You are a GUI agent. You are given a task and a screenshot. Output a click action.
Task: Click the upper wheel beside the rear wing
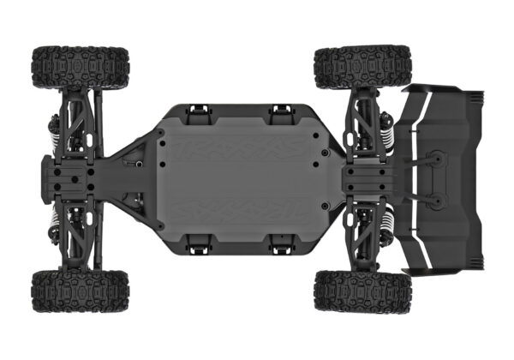362,67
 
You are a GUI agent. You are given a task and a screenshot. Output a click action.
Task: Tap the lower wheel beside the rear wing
362,291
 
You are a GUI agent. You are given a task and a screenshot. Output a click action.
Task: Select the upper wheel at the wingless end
81,67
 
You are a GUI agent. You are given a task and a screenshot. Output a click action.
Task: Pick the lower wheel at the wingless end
81,291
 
